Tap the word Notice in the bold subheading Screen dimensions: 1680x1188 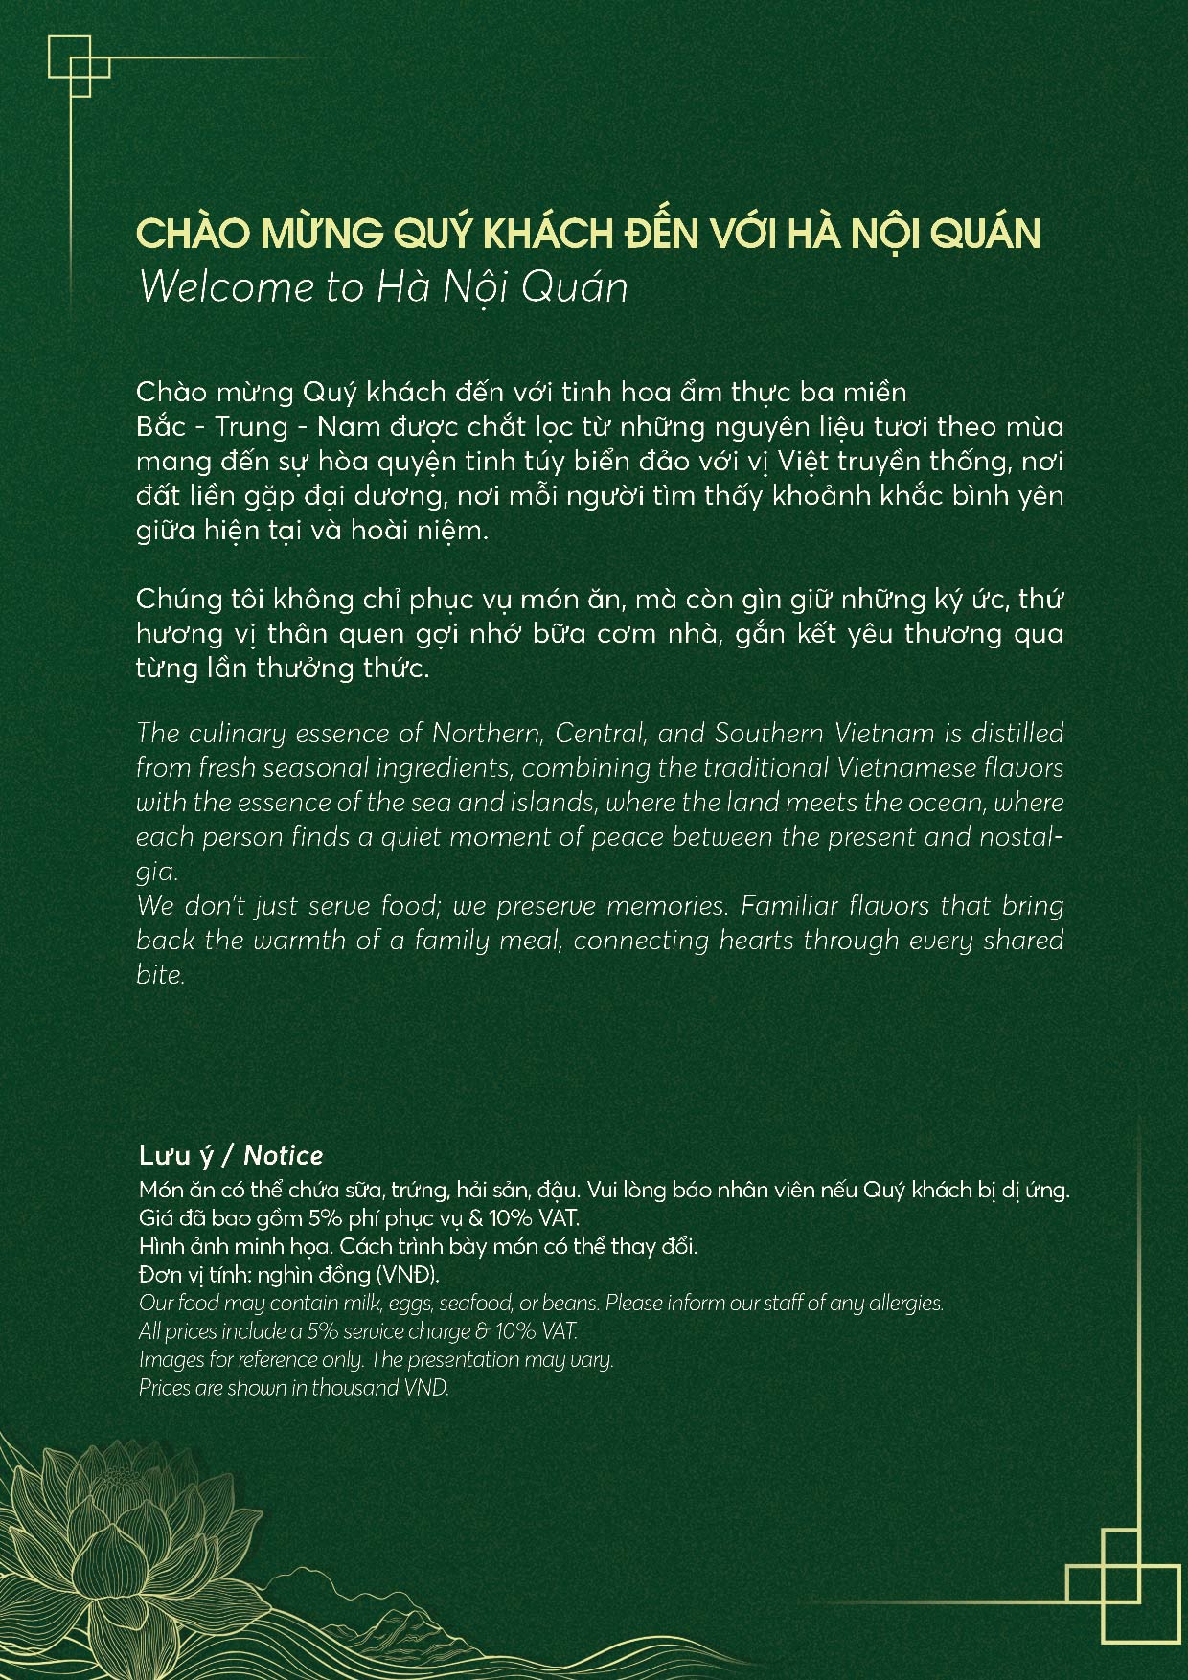[283, 1155]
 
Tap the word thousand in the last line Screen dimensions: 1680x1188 [354, 1388]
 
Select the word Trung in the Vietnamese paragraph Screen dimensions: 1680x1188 [251, 427]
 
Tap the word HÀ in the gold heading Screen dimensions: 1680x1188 [815, 234]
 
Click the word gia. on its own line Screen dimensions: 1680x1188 [157, 872]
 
